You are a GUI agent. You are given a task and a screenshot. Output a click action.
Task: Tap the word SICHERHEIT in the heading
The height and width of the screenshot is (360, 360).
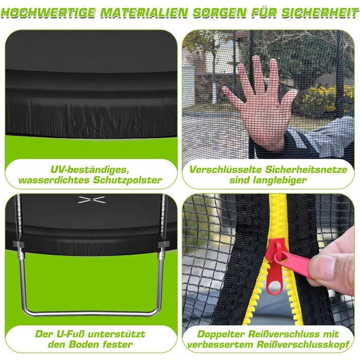(x=320, y=13)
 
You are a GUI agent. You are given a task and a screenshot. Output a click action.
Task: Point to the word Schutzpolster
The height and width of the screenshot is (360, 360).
(x=127, y=180)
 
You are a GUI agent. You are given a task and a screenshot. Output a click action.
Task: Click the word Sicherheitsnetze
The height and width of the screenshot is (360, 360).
(x=306, y=170)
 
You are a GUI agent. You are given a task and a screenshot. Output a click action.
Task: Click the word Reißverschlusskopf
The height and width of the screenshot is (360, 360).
(x=303, y=344)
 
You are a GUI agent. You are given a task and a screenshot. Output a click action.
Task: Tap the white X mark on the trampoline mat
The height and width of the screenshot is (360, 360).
(x=92, y=200)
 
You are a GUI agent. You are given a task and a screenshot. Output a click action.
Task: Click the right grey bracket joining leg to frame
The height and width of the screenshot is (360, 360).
(x=163, y=244)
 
